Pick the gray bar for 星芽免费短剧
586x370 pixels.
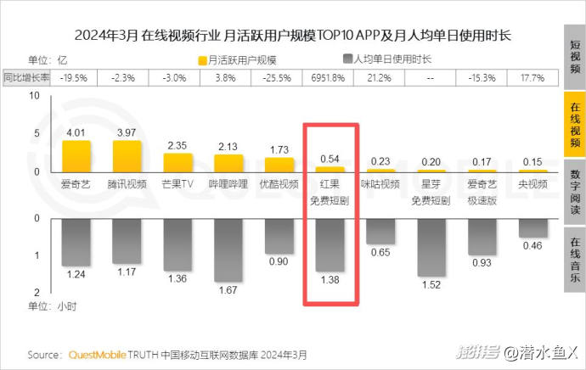(431, 246)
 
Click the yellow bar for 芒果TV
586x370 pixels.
(177, 162)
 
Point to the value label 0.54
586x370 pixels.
(330, 159)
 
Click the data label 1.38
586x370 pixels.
(330, 278)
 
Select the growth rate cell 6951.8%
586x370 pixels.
(330, 78)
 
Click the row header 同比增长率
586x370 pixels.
(25, 78)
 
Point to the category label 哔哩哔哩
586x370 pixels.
(228, 183)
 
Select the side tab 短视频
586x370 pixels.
(574, 57)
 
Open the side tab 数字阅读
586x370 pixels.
(574, 192)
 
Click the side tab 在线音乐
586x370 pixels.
(574, 260)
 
